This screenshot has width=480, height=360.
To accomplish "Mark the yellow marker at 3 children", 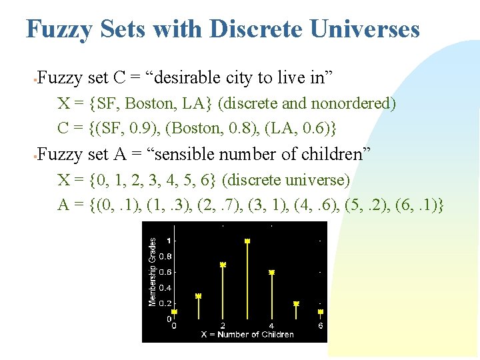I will [247, 241].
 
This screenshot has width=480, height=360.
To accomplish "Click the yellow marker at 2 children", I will [223, 265].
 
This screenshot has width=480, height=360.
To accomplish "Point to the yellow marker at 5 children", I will [296, 303].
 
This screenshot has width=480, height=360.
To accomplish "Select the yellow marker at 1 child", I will [198, 296].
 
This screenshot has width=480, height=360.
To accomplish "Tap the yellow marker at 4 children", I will [271, 273].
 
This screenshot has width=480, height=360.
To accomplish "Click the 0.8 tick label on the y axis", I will [165, 256].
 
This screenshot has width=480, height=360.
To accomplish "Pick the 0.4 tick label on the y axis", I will [165, 288].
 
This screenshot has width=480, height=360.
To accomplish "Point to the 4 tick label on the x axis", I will [271, 326].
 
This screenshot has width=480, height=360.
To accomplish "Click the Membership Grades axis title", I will [153, 272].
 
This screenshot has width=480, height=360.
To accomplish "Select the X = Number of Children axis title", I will [247, 335].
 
